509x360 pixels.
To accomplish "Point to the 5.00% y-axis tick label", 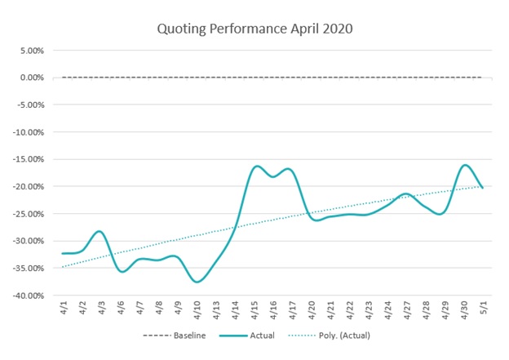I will tap(29, 50).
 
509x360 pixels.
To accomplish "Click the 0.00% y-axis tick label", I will tap(29, 78).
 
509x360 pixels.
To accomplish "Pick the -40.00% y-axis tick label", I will tap(26, 296).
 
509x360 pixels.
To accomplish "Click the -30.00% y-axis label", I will tap(26, 241).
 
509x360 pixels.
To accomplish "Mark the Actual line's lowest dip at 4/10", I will tap(197, 282).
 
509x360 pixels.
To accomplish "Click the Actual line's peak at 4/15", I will tap(256, 166).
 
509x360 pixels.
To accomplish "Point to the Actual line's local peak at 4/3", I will tap(100, 231).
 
